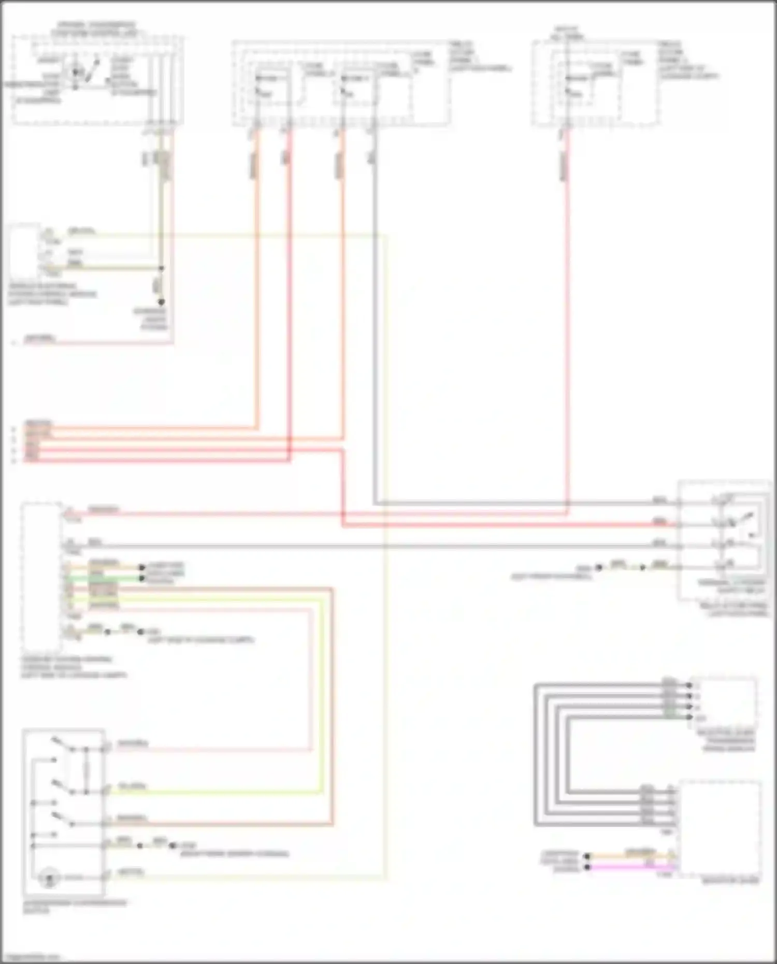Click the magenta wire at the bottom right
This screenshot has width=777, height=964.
632,867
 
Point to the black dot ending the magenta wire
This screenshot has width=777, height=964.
587,867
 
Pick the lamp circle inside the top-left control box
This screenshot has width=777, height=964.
76,72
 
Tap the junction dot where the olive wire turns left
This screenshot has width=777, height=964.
161,268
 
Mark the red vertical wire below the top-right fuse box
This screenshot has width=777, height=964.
567,311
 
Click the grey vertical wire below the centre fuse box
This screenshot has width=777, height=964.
374,311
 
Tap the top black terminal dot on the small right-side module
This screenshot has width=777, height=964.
689,685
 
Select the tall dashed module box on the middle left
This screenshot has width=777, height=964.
41,578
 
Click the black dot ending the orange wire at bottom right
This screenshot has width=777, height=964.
587,856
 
